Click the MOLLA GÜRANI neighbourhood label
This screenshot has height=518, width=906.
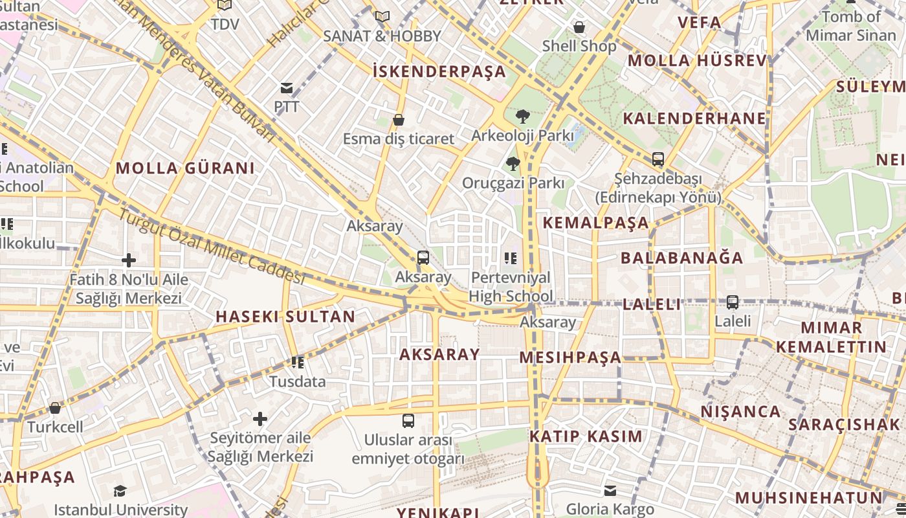point(185,168)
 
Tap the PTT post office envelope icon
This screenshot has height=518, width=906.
point(286,88)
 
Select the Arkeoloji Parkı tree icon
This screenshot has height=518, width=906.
point(522,117)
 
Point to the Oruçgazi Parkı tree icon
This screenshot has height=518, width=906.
point(513,164)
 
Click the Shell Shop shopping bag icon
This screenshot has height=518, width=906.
point(579,27)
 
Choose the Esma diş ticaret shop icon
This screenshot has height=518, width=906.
point(399,120)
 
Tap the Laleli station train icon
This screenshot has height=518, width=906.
point(733,302)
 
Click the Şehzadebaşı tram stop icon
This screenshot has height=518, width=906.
point(658,159)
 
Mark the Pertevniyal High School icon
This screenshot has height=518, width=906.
point(511,259)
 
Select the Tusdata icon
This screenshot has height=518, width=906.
point(298,363)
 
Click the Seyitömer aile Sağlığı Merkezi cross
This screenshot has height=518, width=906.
point(260,419)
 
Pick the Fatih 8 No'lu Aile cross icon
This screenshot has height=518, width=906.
point(129,260)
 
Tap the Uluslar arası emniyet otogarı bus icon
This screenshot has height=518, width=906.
point(408,421)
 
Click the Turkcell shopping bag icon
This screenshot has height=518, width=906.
point(55,408)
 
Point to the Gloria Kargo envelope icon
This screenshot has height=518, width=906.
point(610,491)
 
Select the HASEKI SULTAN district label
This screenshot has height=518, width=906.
point(285,317)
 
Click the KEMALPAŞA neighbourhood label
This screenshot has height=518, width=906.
point(595,223)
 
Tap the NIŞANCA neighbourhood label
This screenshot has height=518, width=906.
point(740,412)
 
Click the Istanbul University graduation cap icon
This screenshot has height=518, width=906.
point(120,491)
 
